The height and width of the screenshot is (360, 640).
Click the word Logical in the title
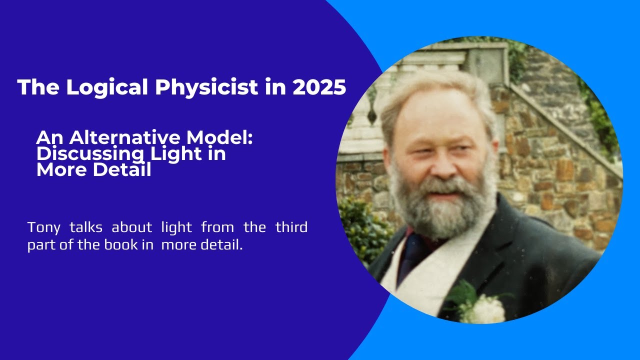pyautogui.click(x=107, y=87)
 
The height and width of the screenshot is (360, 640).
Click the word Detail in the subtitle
pyautogui.click(x=123, y=170)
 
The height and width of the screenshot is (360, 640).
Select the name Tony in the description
pyautogui.click(x=42, y=227)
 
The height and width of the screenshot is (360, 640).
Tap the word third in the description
pyautogui.click(x=291, y=227)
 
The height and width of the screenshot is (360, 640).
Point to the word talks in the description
pyautogui.click(x=84, y=227)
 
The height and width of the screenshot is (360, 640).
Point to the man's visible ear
pyautogui.click(x=495, y=150)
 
